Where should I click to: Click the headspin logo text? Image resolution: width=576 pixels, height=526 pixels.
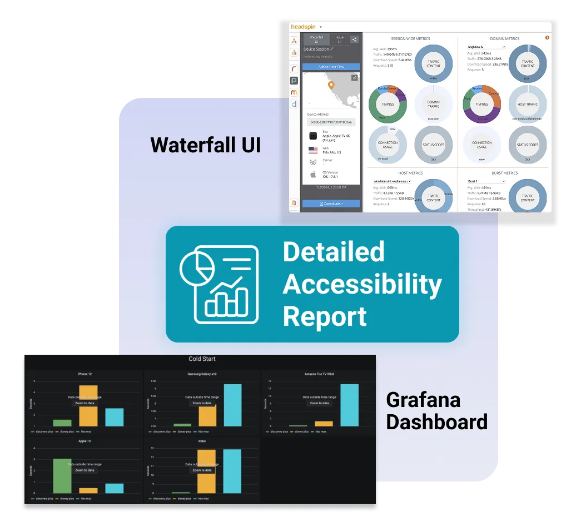304,27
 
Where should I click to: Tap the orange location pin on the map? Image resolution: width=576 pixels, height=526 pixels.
331,86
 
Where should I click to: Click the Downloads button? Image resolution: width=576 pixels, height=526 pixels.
331,204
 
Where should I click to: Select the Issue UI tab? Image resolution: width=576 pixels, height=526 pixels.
339,39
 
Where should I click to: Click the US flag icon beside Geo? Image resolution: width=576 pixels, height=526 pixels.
313,150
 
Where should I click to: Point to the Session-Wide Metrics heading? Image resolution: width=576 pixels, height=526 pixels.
411,39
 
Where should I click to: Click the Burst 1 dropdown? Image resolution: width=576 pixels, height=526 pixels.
486,181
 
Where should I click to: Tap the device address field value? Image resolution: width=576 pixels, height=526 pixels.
331,122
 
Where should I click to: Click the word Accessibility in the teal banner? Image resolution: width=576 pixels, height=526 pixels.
362,285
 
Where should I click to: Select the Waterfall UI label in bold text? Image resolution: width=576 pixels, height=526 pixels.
205,145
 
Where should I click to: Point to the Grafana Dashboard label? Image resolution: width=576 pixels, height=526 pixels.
436,411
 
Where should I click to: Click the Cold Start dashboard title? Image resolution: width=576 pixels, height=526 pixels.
202,359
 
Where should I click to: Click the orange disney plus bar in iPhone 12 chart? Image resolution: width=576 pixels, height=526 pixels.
88,405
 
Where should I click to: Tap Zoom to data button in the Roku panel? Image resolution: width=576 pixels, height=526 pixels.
202,470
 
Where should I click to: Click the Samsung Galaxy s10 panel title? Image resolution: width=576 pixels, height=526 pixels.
202,374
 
